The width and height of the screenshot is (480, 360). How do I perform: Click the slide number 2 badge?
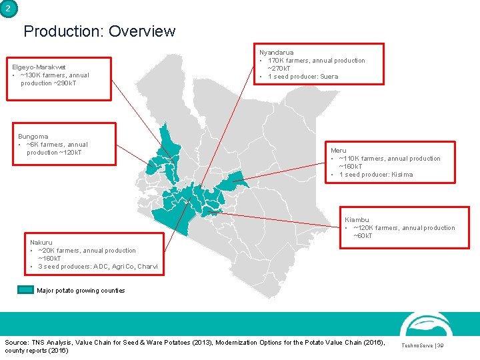click(8, 9)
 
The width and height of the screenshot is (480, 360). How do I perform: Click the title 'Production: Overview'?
click(99, 31)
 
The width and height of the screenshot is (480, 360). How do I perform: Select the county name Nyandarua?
click(276, 52)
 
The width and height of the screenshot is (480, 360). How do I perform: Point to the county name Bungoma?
click(33, 137)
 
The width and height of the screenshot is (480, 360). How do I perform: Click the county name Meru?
click(338, 151)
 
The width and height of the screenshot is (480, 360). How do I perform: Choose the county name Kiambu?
click(357, 220)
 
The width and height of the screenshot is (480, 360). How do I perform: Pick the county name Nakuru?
click(41, 243)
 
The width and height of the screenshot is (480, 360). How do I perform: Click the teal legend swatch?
click(26, 290)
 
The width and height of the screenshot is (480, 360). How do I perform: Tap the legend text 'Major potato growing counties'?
click(81, 291)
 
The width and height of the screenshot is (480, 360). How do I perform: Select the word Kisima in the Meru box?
click(402, 175)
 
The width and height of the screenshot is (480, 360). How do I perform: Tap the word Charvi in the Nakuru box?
click(147, 267)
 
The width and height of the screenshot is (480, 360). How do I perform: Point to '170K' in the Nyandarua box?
click(276, 61)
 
